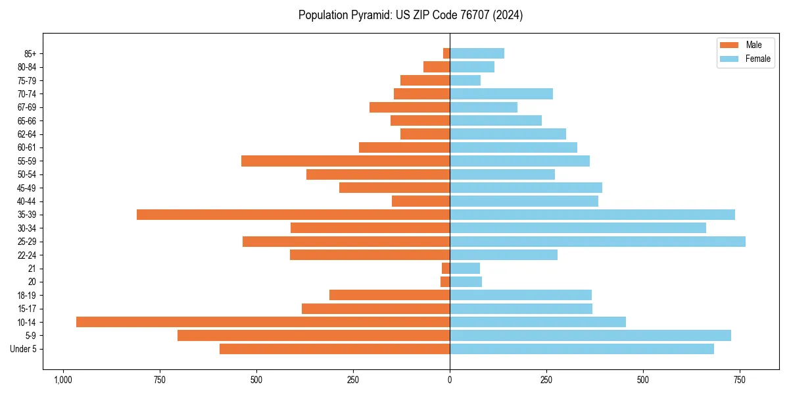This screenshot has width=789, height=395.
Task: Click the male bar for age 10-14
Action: point(263,322)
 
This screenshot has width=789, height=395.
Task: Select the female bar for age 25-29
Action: point(597,242)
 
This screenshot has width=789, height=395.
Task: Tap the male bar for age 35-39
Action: point(293,215)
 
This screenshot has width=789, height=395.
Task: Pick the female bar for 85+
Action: point(477,53)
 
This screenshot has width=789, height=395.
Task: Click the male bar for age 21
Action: point(446,268)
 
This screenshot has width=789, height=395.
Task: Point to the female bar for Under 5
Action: point(581,349)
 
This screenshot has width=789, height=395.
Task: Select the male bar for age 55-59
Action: point(345,161)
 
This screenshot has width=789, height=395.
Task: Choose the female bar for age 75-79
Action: point(465,80)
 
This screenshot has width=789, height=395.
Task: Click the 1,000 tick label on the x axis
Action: point(63,380)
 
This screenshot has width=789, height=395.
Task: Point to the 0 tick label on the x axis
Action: point(450,380)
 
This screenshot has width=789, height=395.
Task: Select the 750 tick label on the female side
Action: point(740,380)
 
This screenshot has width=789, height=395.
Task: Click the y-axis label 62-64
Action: point(27,134)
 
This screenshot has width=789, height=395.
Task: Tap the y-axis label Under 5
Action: point(24,349)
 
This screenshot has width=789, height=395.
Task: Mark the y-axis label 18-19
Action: point(27,295)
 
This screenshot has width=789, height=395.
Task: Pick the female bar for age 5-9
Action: point(590,336)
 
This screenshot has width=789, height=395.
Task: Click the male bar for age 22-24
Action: point(370,255)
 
